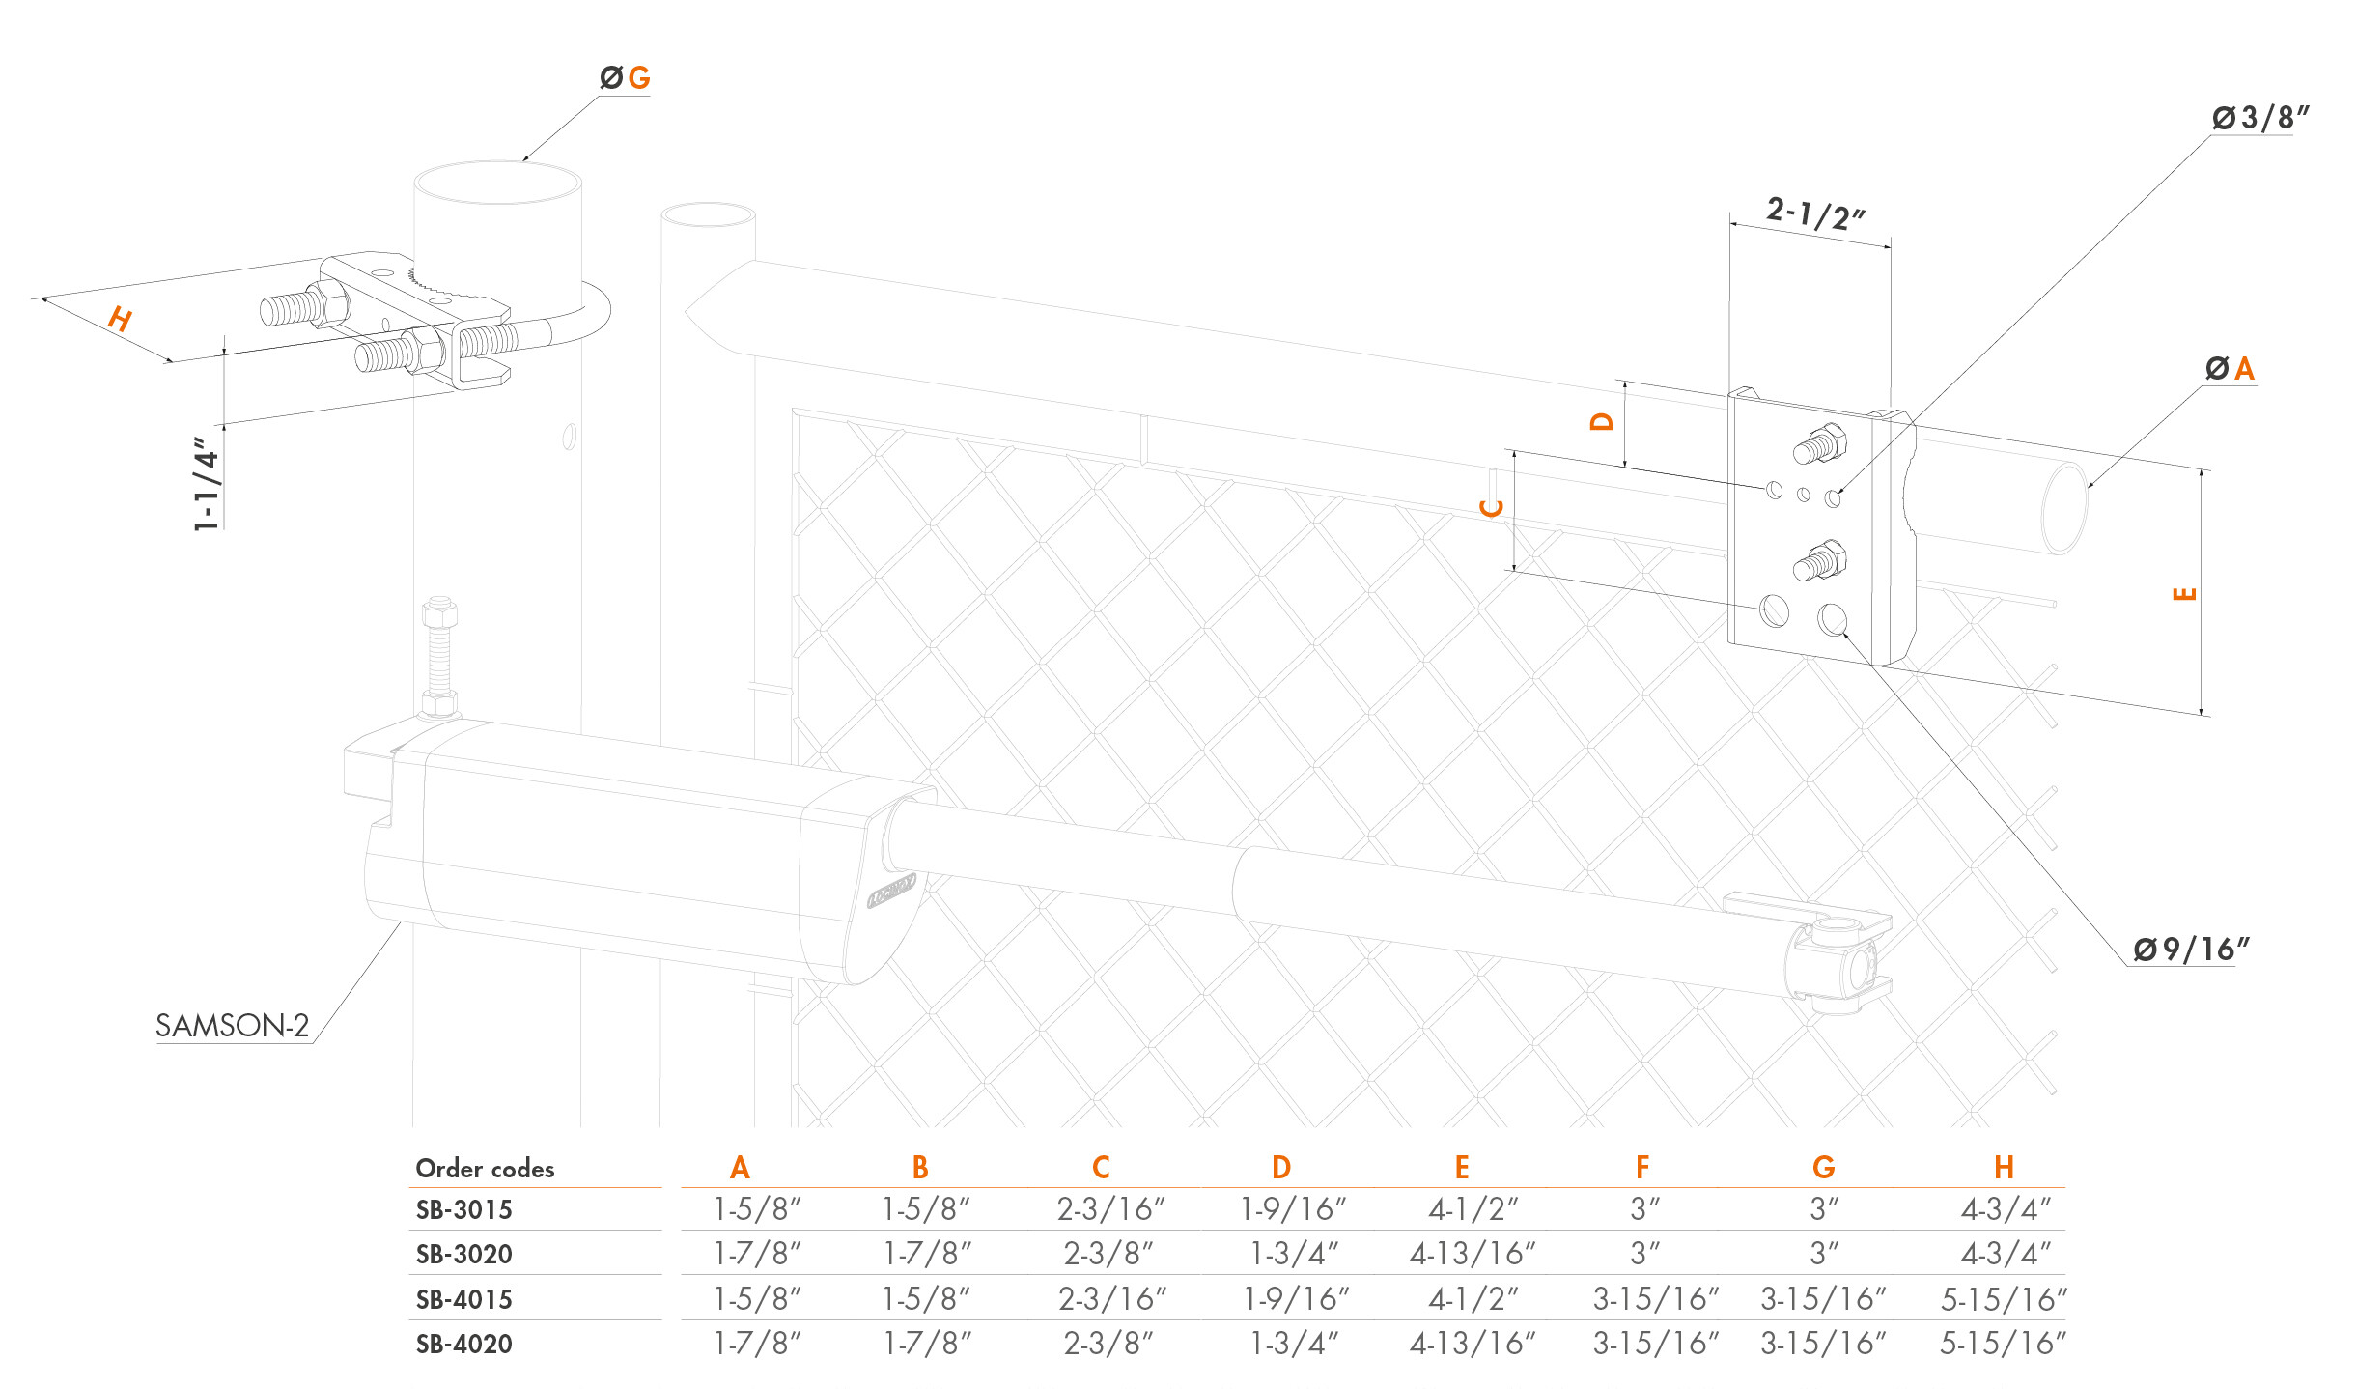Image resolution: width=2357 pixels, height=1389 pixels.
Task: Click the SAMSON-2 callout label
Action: click(x=232, y=1025)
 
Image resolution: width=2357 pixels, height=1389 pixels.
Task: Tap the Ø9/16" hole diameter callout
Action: click(x=2191, y=950)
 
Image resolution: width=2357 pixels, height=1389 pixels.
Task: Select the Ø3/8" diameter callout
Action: click(x=2260, y=118)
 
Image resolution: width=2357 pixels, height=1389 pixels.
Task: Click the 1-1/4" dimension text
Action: click(x=207, y=484)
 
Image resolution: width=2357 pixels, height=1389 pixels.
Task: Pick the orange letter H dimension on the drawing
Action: click(x=120, y=318)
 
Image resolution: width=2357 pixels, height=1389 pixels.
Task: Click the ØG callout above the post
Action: click(x=625, y=77)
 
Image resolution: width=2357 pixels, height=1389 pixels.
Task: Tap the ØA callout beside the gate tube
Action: click(x=2231, y=368)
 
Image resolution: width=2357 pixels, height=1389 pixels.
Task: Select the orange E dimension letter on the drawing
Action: click(x=2183, y=593)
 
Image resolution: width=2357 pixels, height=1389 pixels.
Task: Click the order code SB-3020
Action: click(x=463, y=1254)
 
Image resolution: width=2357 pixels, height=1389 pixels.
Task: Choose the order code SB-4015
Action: click(x=463, y=1299)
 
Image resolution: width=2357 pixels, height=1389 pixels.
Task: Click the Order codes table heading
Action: click(x=485, y=1169)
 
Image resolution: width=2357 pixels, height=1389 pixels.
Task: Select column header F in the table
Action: click(x=1642, y=1168)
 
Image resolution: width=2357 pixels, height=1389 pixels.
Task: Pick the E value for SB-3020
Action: click(x=1473, y=1254)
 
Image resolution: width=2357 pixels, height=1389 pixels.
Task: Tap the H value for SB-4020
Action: click(x=2004, y=1343)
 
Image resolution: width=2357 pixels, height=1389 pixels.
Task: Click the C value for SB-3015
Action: click(x=1111, y=1208)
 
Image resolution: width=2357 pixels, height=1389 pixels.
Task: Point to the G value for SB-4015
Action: click(x=1823, y=1299)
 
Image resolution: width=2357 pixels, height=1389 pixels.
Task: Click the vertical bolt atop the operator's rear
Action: click(x=439, y=657)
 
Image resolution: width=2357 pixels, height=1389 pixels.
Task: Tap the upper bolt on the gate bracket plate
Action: click(x=1820, y=444)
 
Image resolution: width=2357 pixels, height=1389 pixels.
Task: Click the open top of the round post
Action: click(x=497, y=183)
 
